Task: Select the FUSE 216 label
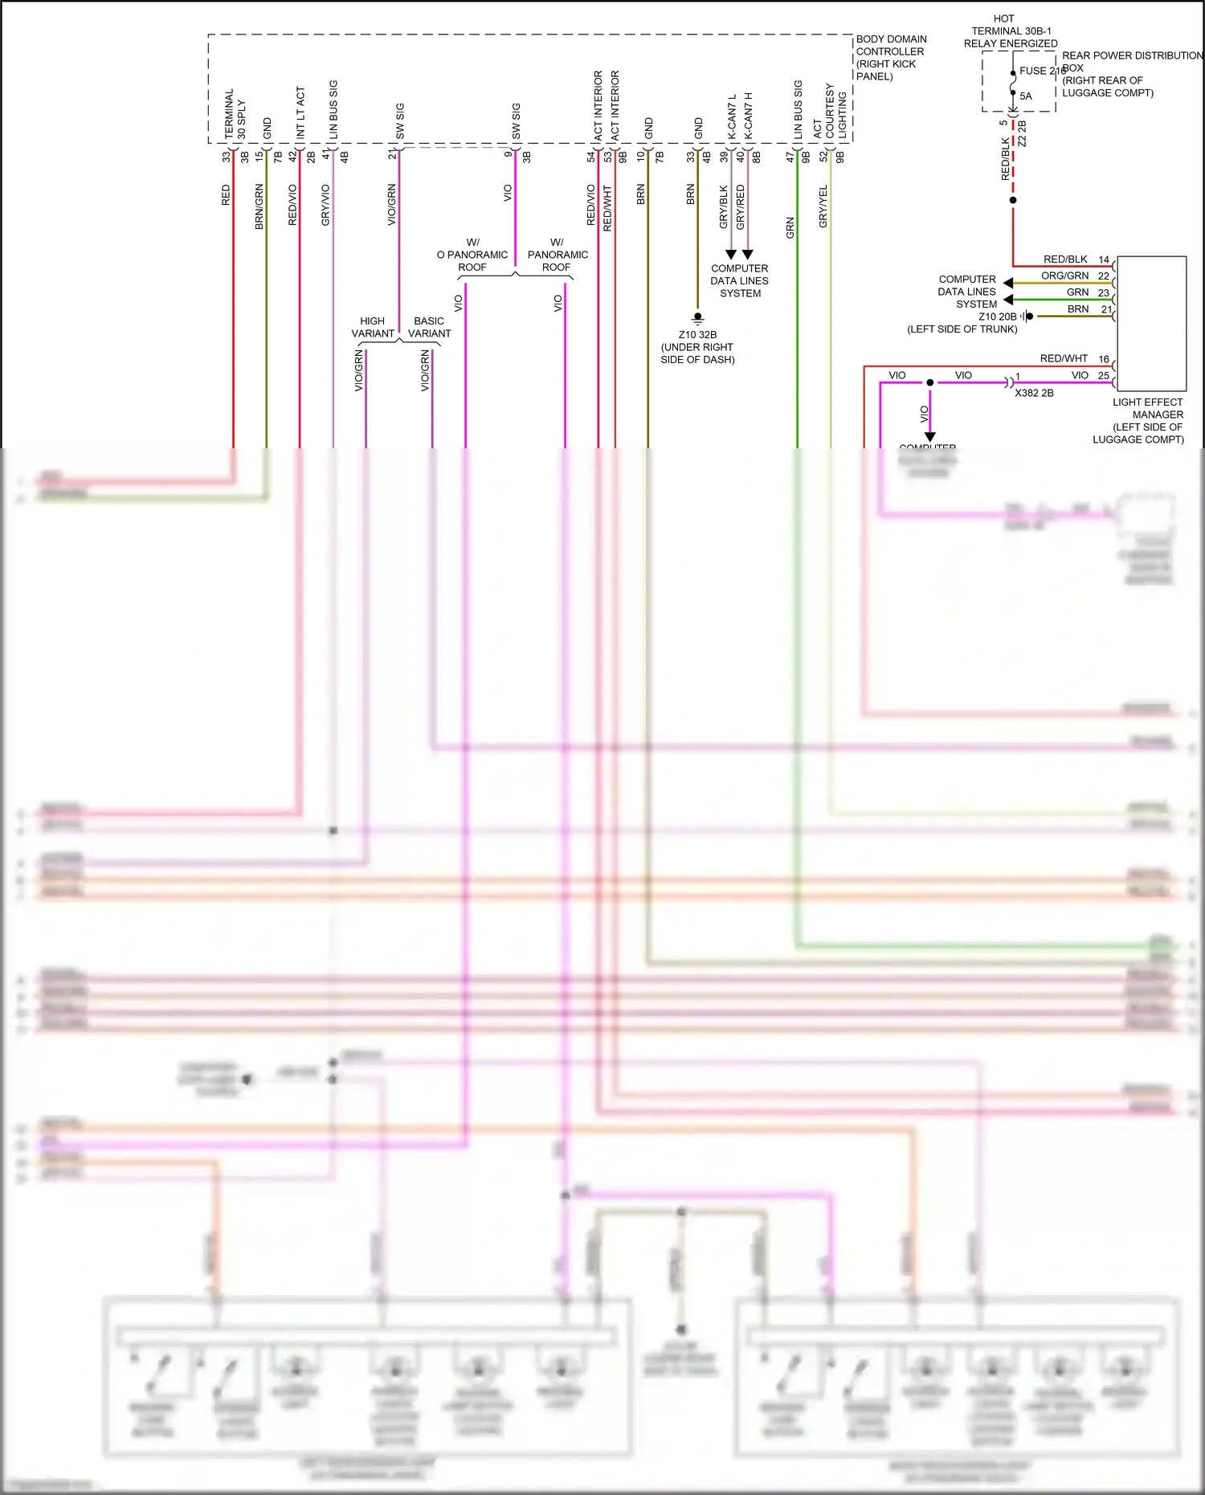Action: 1042,71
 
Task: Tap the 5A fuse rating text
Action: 1026,96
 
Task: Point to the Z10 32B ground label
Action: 697,335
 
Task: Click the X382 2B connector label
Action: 1034,393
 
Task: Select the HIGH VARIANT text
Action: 373,327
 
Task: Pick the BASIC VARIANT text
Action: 429,327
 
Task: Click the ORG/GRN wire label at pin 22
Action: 1064,276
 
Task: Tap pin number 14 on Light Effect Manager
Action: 1104,259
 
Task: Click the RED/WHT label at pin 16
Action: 1064,358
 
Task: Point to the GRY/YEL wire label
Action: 823,206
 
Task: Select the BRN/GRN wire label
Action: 259,206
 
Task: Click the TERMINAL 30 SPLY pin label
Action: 235,115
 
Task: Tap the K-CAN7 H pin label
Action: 748,115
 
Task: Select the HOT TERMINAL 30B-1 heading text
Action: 1010,31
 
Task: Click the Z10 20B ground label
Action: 997,317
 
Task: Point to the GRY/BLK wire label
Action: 723,206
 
